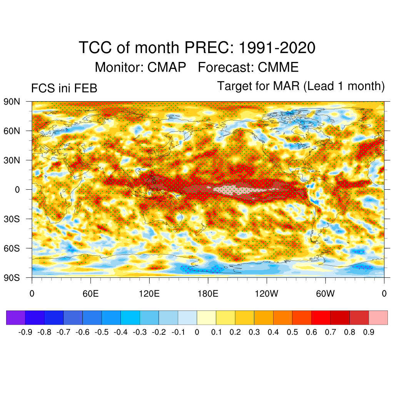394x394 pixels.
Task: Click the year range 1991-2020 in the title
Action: tap(277, 48)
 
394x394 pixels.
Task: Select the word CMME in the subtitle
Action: tap(278, 67)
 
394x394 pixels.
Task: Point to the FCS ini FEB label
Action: tap(64, 88)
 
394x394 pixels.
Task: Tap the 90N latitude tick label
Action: tap(12, 102)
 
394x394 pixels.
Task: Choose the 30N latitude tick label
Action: tap(12, 160)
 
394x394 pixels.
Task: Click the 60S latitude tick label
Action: tap(12, 248)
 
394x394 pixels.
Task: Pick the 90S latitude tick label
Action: tap(12, 277)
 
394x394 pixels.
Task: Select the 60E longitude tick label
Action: tap(90, 294)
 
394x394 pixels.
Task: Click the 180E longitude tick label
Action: tap(208, 294)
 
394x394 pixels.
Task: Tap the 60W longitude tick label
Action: tap(325, 294)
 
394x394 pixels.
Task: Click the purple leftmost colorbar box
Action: tap(16, 318)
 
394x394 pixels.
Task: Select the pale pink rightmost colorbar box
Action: tap(378, 318)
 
